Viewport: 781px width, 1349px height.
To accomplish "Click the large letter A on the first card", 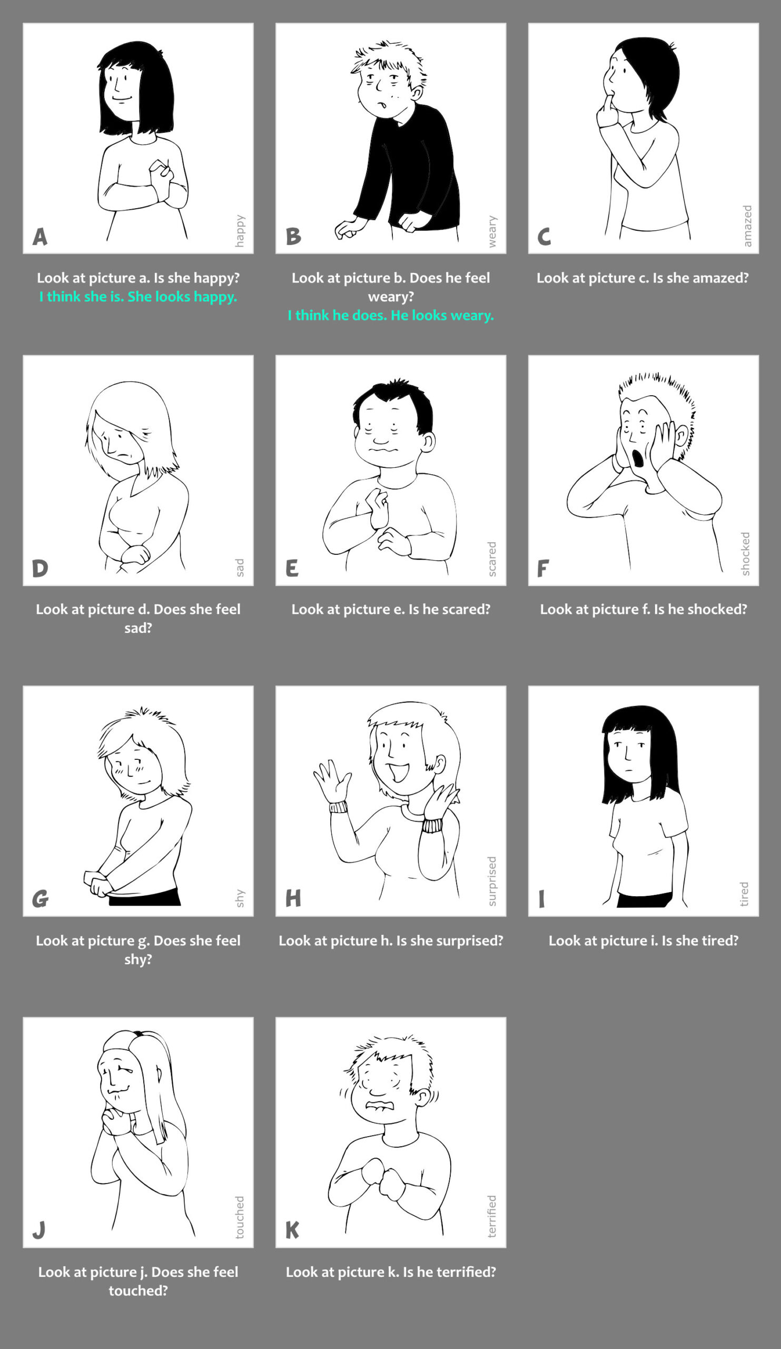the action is coord(40,237).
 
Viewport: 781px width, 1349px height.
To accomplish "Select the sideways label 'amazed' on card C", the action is coord(747,226).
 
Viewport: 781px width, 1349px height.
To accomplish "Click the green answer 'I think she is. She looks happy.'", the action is coord(138,297).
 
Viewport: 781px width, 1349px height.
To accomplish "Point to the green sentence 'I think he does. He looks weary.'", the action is coord(391,315).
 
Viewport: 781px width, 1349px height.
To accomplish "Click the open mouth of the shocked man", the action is coord(638,458).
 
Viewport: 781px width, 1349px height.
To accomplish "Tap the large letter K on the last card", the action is coord(293,1229).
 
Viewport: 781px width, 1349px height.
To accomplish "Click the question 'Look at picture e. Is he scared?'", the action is coord(391,609).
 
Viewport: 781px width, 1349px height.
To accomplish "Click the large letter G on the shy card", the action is coord(40,899).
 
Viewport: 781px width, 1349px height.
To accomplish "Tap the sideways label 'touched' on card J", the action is coord(240,1217).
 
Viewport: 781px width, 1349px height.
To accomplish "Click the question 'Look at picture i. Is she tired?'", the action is coord(644,941).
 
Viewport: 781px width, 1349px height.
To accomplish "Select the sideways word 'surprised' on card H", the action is coord(492,881).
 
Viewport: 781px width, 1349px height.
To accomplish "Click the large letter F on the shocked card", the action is coord(543,568).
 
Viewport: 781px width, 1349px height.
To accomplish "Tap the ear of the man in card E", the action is coord(428,442).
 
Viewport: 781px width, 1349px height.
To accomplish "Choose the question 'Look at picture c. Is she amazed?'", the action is coord(643,278).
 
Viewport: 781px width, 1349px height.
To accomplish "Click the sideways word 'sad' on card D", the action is coord(240,568).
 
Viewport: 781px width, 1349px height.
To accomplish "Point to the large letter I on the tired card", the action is coord(542,899).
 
